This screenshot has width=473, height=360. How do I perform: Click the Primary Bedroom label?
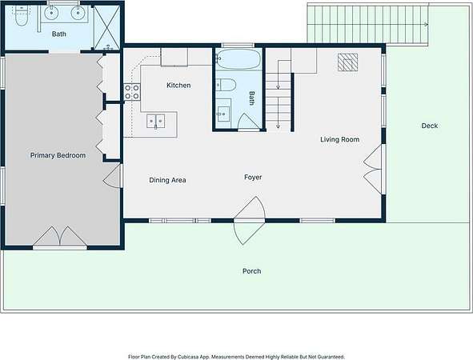58,155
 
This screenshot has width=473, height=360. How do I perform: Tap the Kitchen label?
178,86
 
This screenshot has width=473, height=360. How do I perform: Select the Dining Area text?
167,180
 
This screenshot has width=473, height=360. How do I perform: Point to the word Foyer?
253,178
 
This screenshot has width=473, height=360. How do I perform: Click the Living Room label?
339,139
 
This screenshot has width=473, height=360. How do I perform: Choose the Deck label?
430,126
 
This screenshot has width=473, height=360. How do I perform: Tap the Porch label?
252,271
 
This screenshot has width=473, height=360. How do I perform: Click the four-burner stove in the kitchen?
132,92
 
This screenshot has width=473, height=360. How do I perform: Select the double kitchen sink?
155,122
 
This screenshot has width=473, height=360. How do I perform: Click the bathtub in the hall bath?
239,59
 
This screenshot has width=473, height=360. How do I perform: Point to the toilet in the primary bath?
21,17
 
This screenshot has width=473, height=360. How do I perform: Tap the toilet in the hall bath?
226,85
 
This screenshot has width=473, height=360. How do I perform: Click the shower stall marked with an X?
107,28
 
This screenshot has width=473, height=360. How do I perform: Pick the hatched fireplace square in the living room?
347,62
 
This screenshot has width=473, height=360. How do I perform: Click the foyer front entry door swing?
250,221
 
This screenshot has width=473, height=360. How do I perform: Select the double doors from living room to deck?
373,169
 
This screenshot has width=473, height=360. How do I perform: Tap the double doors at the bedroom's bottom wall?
60,236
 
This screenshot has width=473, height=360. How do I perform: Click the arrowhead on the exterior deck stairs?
427,25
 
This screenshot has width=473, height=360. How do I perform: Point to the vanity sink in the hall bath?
223,114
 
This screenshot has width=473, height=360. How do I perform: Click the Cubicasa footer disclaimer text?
236,357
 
